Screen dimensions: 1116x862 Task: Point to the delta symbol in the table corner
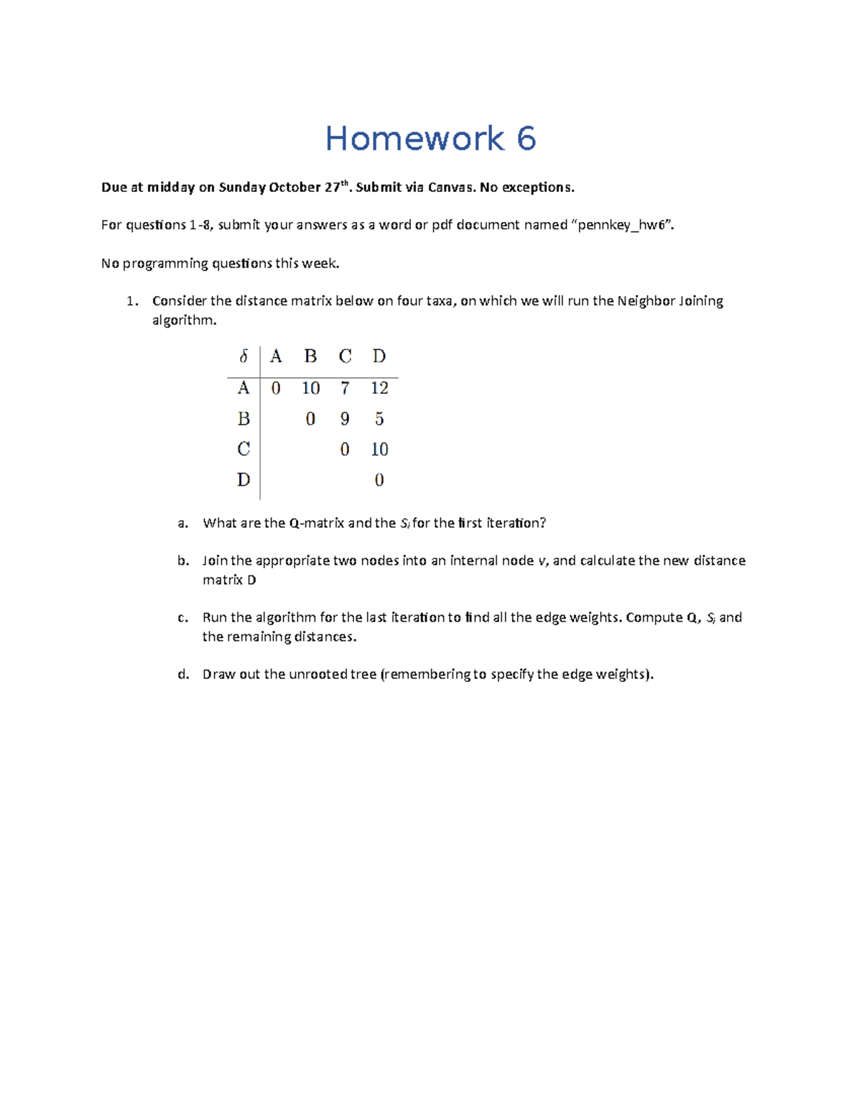point(244,356)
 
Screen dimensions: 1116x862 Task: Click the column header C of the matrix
point(345,356)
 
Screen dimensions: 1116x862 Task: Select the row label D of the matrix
point(244,479)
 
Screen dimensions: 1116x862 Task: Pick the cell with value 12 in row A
point(379,388)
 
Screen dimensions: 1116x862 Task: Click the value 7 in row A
point(345,388)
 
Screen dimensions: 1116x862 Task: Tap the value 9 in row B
point(345,419)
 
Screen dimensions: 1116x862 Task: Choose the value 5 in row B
point(379,419)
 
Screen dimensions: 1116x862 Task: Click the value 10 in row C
point(379,450)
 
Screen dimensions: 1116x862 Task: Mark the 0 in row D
point(379,480)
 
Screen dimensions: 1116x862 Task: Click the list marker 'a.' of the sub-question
point(183,523)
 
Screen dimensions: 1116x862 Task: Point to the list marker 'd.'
point(183,674)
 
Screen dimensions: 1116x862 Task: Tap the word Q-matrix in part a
point(316,523)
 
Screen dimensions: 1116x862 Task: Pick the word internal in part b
point(476,561)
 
